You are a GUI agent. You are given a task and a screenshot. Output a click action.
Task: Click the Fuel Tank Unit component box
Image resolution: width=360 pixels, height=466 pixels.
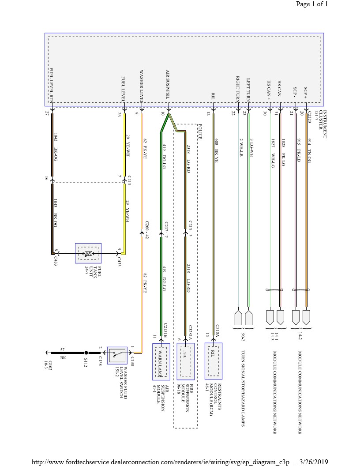[x=88, y=254]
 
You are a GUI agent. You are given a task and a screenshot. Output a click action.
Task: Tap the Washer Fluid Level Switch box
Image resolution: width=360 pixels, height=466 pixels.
[x=117, y=355]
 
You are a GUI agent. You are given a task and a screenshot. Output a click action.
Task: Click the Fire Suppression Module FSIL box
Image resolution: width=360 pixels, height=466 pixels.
[x=186, y=361]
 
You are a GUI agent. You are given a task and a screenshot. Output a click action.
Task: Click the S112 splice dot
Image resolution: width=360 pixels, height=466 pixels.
[x=86, y=353]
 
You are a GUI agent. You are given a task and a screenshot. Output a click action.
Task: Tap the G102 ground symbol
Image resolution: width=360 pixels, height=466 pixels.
[x=46, y=353]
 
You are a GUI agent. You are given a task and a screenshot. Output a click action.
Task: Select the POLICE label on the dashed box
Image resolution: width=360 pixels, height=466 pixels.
[x=200, y=132]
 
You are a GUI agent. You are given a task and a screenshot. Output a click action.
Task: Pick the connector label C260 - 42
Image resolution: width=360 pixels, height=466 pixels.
[x=146, y=231]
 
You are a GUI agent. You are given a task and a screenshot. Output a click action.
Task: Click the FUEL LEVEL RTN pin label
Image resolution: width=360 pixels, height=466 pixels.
[x=51, y=86]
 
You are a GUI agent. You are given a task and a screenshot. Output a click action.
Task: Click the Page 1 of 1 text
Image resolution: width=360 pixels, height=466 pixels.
[x=312, y=4]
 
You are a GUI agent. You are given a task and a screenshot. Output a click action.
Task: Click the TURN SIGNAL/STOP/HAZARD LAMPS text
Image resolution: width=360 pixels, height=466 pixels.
[x=243, y=389]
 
